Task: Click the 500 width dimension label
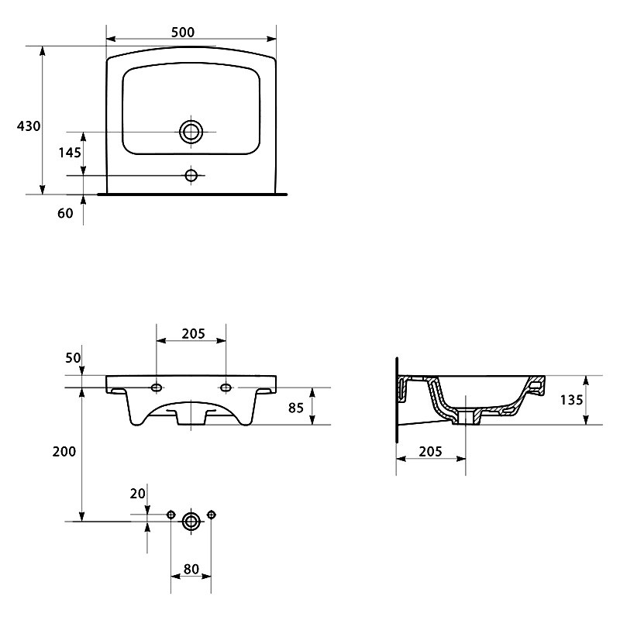pos(183,32)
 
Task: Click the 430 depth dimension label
pos(29,126)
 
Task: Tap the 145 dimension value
pos(70,152)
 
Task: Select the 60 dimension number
pos(65,213)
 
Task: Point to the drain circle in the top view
pos(191,132)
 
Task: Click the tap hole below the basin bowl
pos(191,175)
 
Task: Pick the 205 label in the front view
pos(193,334)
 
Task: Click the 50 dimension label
pos(73,358)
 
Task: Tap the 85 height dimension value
pos(296,408)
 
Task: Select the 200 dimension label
pos(64,451)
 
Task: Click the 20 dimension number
pos(138,494)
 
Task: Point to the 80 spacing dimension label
pos(191,569)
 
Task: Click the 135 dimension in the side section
pos(571,400)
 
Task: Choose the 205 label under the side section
pos(430,451)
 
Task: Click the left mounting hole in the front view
pos(157,387)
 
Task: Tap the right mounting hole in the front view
pos(226,387)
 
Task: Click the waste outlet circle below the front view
pos(191,521)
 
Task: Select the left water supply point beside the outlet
pos(170,515)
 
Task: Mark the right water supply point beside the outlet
pos(211,515)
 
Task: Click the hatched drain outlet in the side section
pos(467,418)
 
